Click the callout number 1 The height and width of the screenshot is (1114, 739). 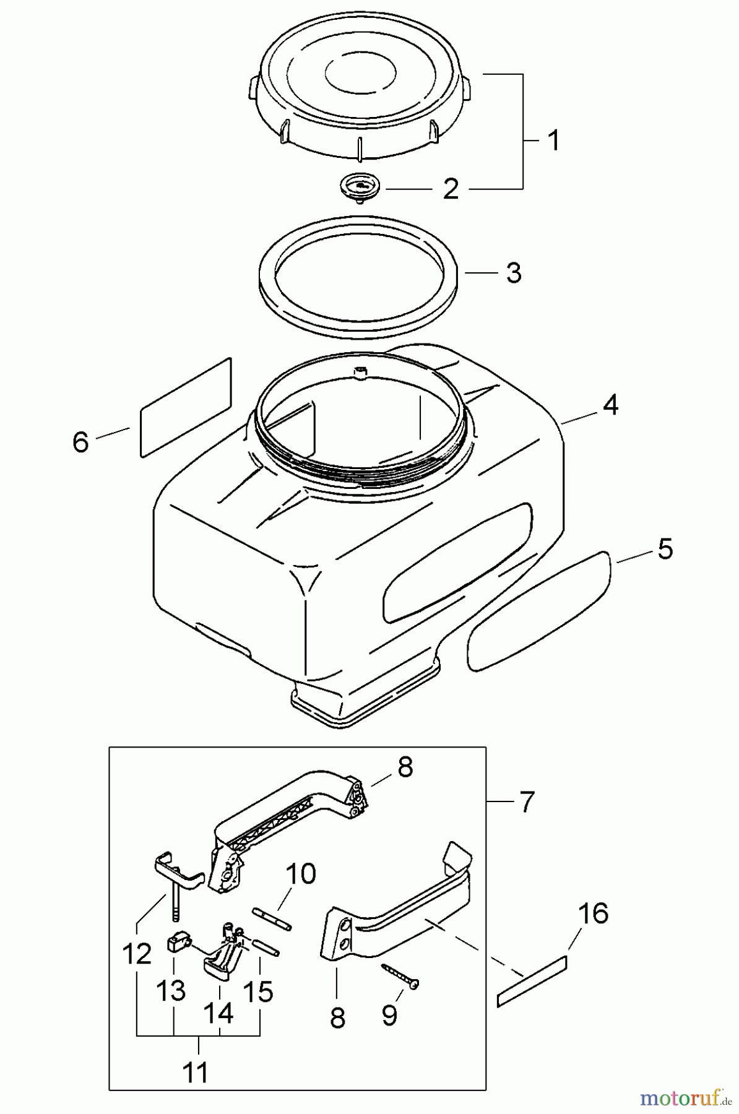(x=554, y=140)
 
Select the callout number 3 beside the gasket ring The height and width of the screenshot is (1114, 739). (x=513, y=273)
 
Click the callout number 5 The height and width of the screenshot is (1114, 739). (x=665, y=548)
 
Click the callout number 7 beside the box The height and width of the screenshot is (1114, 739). (x=525, y=802)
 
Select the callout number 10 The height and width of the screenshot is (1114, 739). (x=300, y=874)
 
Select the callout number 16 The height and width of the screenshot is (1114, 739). (x=593, y=913)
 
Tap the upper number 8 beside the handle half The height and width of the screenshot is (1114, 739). (x=404, y=767)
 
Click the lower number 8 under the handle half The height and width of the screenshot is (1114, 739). (x=337, y=1017)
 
